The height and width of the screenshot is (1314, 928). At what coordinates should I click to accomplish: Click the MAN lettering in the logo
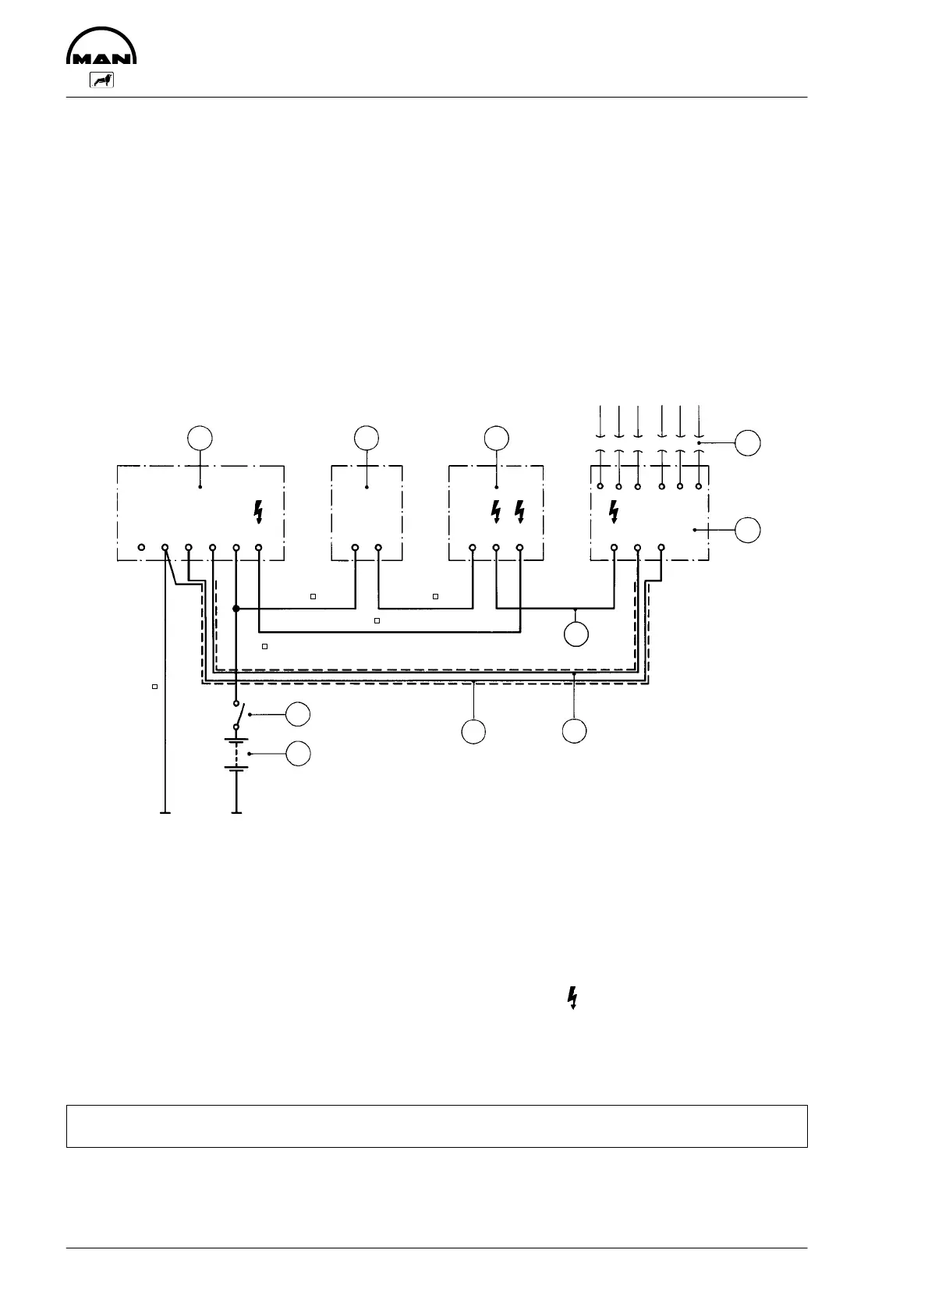point(102,59)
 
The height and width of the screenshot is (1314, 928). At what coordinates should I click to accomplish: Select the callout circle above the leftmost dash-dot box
point(201,438)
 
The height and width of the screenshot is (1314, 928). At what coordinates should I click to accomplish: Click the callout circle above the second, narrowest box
point(367,438)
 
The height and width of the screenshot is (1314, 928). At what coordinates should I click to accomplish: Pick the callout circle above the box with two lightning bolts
point(496,438)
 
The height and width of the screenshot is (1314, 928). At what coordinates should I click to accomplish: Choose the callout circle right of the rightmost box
point(749,530)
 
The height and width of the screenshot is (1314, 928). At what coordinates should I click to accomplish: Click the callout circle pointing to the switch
point(298,714)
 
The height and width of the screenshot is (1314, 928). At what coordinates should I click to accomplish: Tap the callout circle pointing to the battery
point(298,754)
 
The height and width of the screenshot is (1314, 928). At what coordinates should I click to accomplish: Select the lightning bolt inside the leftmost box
point(259,512)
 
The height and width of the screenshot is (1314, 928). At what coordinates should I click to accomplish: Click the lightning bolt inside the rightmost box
point(614,512)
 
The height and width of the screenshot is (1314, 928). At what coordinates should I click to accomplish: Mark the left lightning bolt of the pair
point(496,512)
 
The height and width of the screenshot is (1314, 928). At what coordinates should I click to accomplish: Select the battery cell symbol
point(236,754)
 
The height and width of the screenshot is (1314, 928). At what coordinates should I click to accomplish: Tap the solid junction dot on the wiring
point(236,608)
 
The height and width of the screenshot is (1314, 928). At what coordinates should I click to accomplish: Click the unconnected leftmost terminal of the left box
point(141,548)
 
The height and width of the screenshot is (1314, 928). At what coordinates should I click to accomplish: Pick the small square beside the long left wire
point(154,686)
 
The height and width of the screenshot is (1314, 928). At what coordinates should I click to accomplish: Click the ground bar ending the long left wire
point(165,813)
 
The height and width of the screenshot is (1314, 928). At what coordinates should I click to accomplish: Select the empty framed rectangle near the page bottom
point(436,1125)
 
